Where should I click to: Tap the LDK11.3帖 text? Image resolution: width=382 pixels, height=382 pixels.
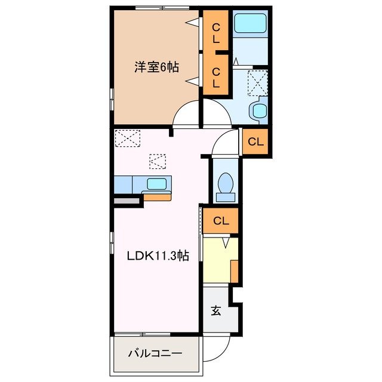(158, 256)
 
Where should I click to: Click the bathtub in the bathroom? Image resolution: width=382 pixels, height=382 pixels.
(249, 24)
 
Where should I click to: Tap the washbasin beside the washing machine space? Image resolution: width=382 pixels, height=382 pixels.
(259, 111)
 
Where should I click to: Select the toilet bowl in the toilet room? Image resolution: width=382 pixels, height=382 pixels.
(226, 184)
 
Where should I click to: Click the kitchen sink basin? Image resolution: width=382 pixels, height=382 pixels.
(157, 184)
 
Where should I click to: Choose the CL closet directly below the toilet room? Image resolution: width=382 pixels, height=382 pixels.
(221, 221)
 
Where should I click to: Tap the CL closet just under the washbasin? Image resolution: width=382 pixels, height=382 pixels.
(255, 142)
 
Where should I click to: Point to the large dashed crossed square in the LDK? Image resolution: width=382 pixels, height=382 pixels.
(127, 138)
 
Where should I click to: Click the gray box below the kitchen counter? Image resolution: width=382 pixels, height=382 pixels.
(125, 202)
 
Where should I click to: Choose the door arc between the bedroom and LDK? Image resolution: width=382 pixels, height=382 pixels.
(187, 115)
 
